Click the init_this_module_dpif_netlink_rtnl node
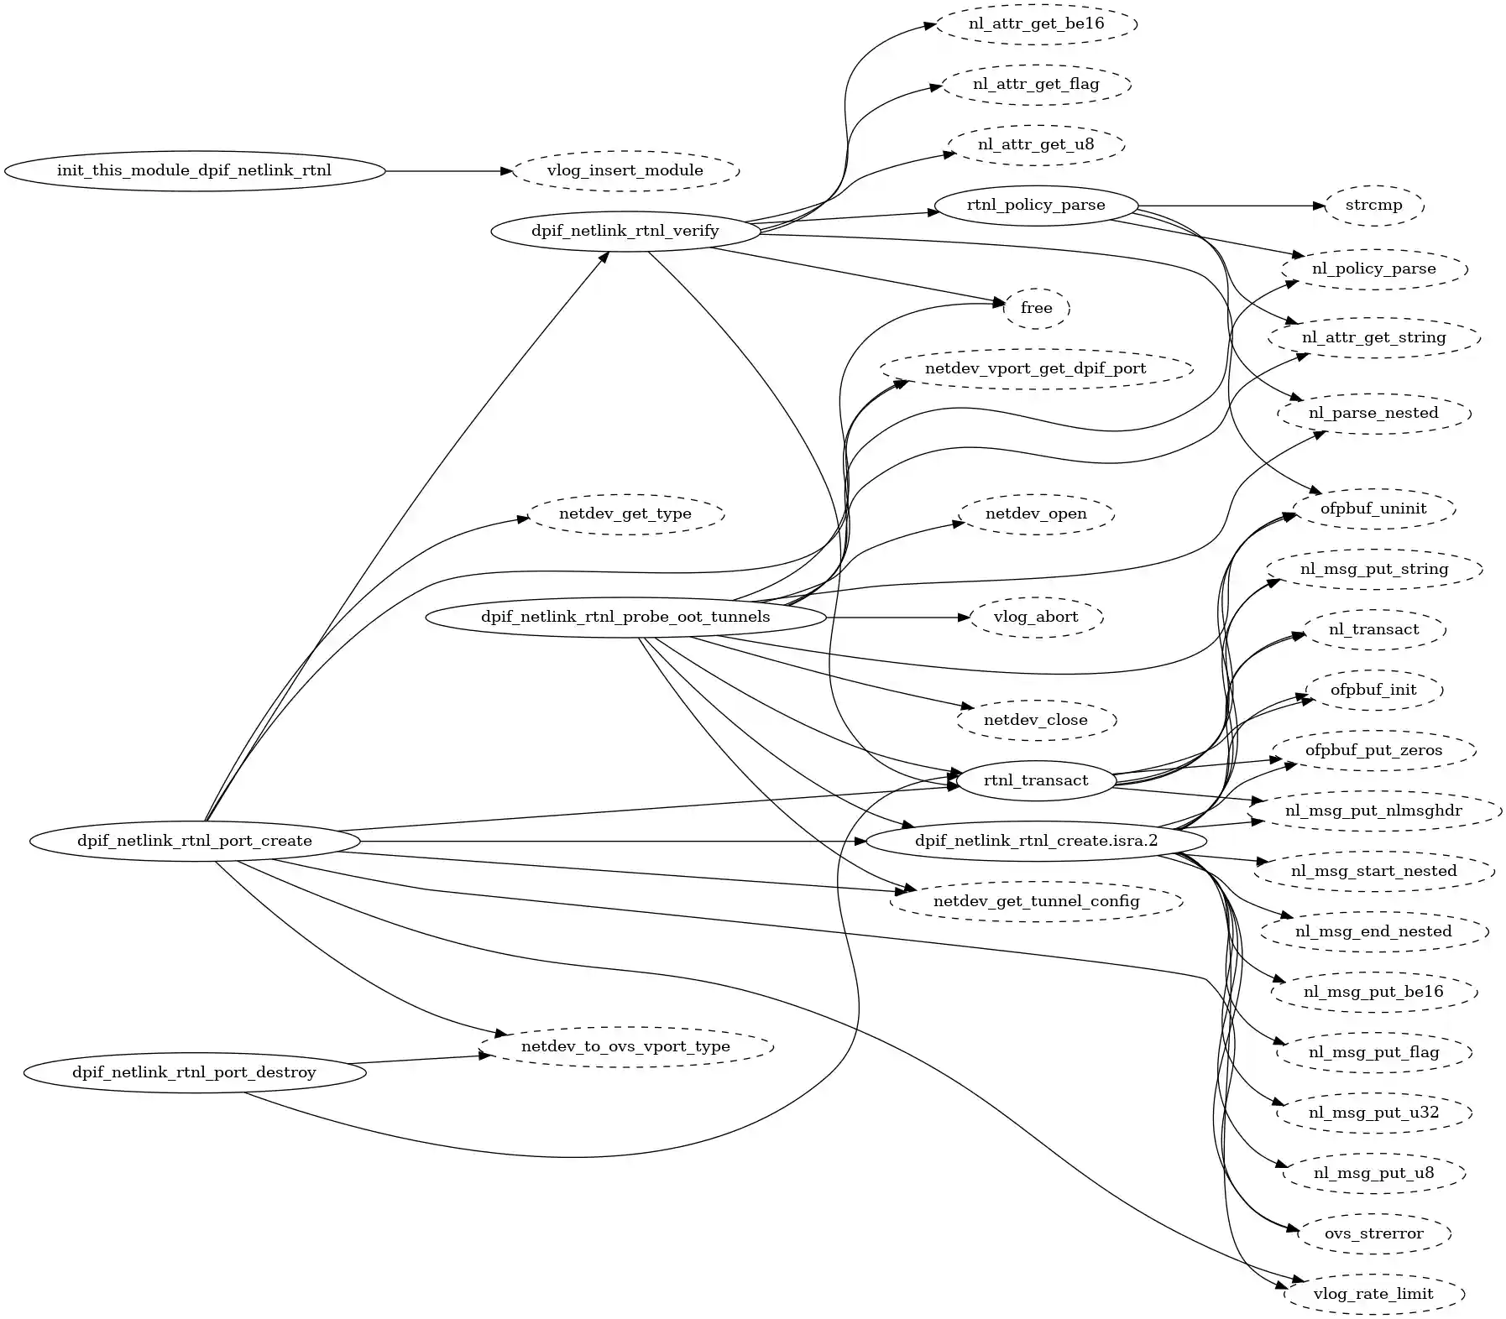click(x=194, y=171)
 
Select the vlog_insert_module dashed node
click(x=625, y=171)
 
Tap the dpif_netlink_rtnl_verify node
click(x=625, y=231)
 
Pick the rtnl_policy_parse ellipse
click(x=1036, y=206)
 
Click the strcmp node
click(x=1373, y=206)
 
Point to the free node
click(x=1036, y=308)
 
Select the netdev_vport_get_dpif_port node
click(x=1036, y=368)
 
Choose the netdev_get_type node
click(x=625, y=514)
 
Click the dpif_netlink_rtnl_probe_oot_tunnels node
click(x=625, y=618)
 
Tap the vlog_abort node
click(x=1036, y=618)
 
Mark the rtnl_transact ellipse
click(x=1036, y=780)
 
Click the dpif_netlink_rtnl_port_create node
click(x=194, y=841)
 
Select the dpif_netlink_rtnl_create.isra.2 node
click(x=1036, y=841)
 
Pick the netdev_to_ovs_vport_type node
click(x=625, y=1047)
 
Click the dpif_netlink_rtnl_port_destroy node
click(x=194, y=1072)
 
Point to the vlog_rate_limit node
click(x=1373, y=1294)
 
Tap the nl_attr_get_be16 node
click(x=1036, y=23)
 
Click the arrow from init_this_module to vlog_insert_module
click(x=445, y=171)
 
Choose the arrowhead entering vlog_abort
click(x=965, y=618)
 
